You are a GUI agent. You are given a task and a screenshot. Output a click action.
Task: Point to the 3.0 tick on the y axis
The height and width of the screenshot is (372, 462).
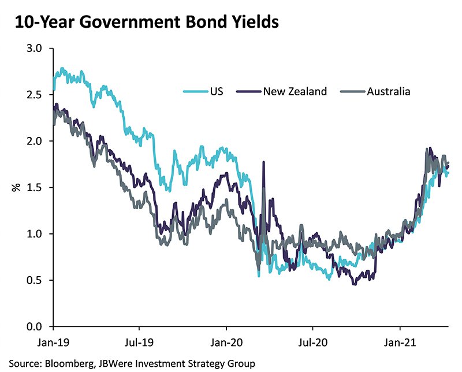(35, 49)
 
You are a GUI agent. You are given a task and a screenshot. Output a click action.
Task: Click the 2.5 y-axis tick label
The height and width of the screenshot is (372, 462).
(35, 95)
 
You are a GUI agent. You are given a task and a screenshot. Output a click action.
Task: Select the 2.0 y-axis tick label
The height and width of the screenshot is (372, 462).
(35, 141)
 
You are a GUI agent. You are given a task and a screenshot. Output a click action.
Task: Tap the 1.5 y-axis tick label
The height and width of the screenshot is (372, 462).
(35, 188)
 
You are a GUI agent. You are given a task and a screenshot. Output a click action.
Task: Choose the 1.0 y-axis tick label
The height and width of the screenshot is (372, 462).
(35, 234)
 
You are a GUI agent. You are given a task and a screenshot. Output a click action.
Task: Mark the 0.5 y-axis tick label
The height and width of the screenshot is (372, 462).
(35, 280)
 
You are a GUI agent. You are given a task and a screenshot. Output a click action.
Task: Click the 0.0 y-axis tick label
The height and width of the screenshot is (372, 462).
(35, 327)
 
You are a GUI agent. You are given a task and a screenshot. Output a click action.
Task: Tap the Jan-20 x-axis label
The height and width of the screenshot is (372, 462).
(226, 341)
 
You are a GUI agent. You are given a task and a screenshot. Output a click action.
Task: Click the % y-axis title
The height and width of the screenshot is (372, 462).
(16, 188)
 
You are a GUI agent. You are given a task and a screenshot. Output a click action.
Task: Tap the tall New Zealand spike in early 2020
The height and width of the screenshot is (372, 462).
(263, 165)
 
